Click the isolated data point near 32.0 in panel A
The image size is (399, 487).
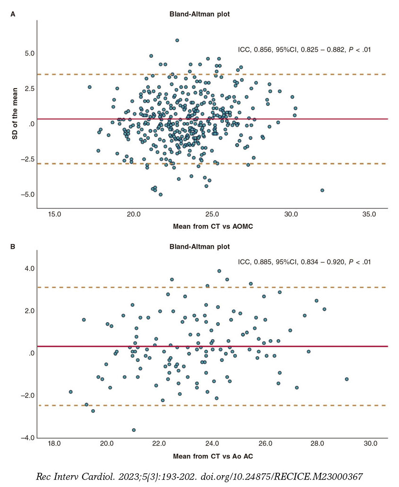pos(322,190)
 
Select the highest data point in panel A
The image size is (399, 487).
pos(177,41)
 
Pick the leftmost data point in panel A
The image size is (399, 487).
pos(90,87)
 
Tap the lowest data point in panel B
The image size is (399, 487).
pos(134,430)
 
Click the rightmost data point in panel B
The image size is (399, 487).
pos(346,379)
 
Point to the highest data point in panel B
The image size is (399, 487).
pos(219,271)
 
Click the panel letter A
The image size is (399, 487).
pos(13,14)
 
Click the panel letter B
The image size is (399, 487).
pos(13,247)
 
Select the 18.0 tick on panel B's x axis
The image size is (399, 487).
pos(54,444)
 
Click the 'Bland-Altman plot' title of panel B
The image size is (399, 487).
pos(199,247)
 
